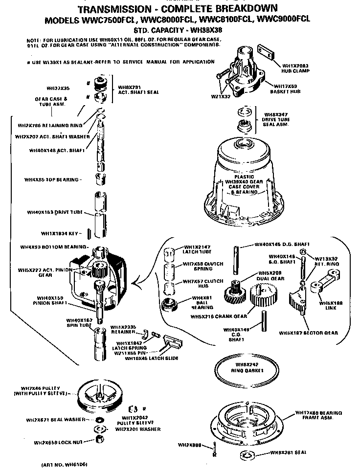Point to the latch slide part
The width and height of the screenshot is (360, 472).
point(171,342)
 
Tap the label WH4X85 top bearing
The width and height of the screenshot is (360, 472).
point(51,180)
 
